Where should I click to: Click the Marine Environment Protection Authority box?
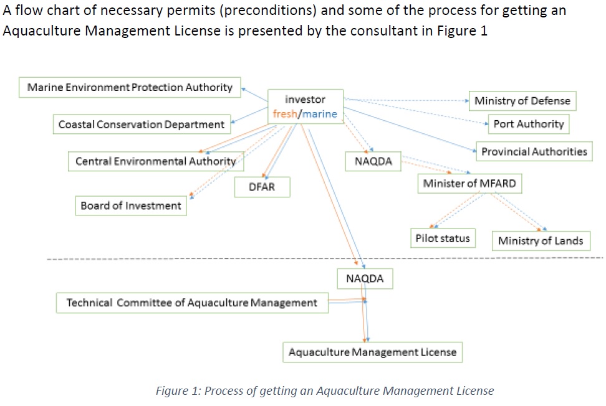(x=130, y=87)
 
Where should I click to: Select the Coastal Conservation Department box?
(x=142, y=125)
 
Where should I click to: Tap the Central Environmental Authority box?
(x=155, y=161)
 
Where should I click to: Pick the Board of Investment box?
(x=131, y=205)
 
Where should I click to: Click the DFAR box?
(x=262, y=187)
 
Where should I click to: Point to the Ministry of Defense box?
(x=522, y=101)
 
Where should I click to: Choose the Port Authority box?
(x=528, y=124)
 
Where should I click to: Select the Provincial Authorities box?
(x=534, y=151)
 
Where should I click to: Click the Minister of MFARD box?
(x=469, y=184)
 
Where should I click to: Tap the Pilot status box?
(x=443, y=238)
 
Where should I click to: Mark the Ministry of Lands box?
(x=541, y=241)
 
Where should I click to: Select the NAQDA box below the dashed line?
(x=365, y=279)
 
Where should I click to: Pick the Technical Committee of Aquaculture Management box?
(x=192, y=303)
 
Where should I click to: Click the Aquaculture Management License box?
(x=372, y=352)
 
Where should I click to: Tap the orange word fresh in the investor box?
(x=285, y=114)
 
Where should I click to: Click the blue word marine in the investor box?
(x=320, y=114)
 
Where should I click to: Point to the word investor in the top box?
(x=305, y=100)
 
